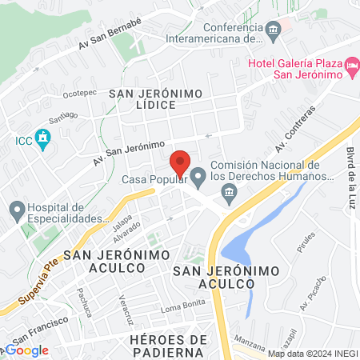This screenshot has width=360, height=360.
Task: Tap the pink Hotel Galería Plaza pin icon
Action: click(351, 62)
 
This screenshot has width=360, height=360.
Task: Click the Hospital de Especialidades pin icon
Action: click(17, 212)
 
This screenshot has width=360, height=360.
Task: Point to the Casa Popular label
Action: click(154, 178)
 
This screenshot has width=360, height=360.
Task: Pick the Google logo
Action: click(27, 350)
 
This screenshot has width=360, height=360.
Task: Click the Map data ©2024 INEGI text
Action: click(312, 354)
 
